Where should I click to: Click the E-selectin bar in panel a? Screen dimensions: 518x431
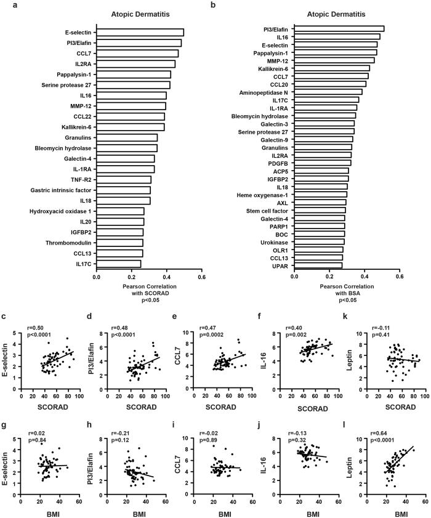pos(140,32)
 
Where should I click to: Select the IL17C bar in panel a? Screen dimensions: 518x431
pos(118,264)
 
